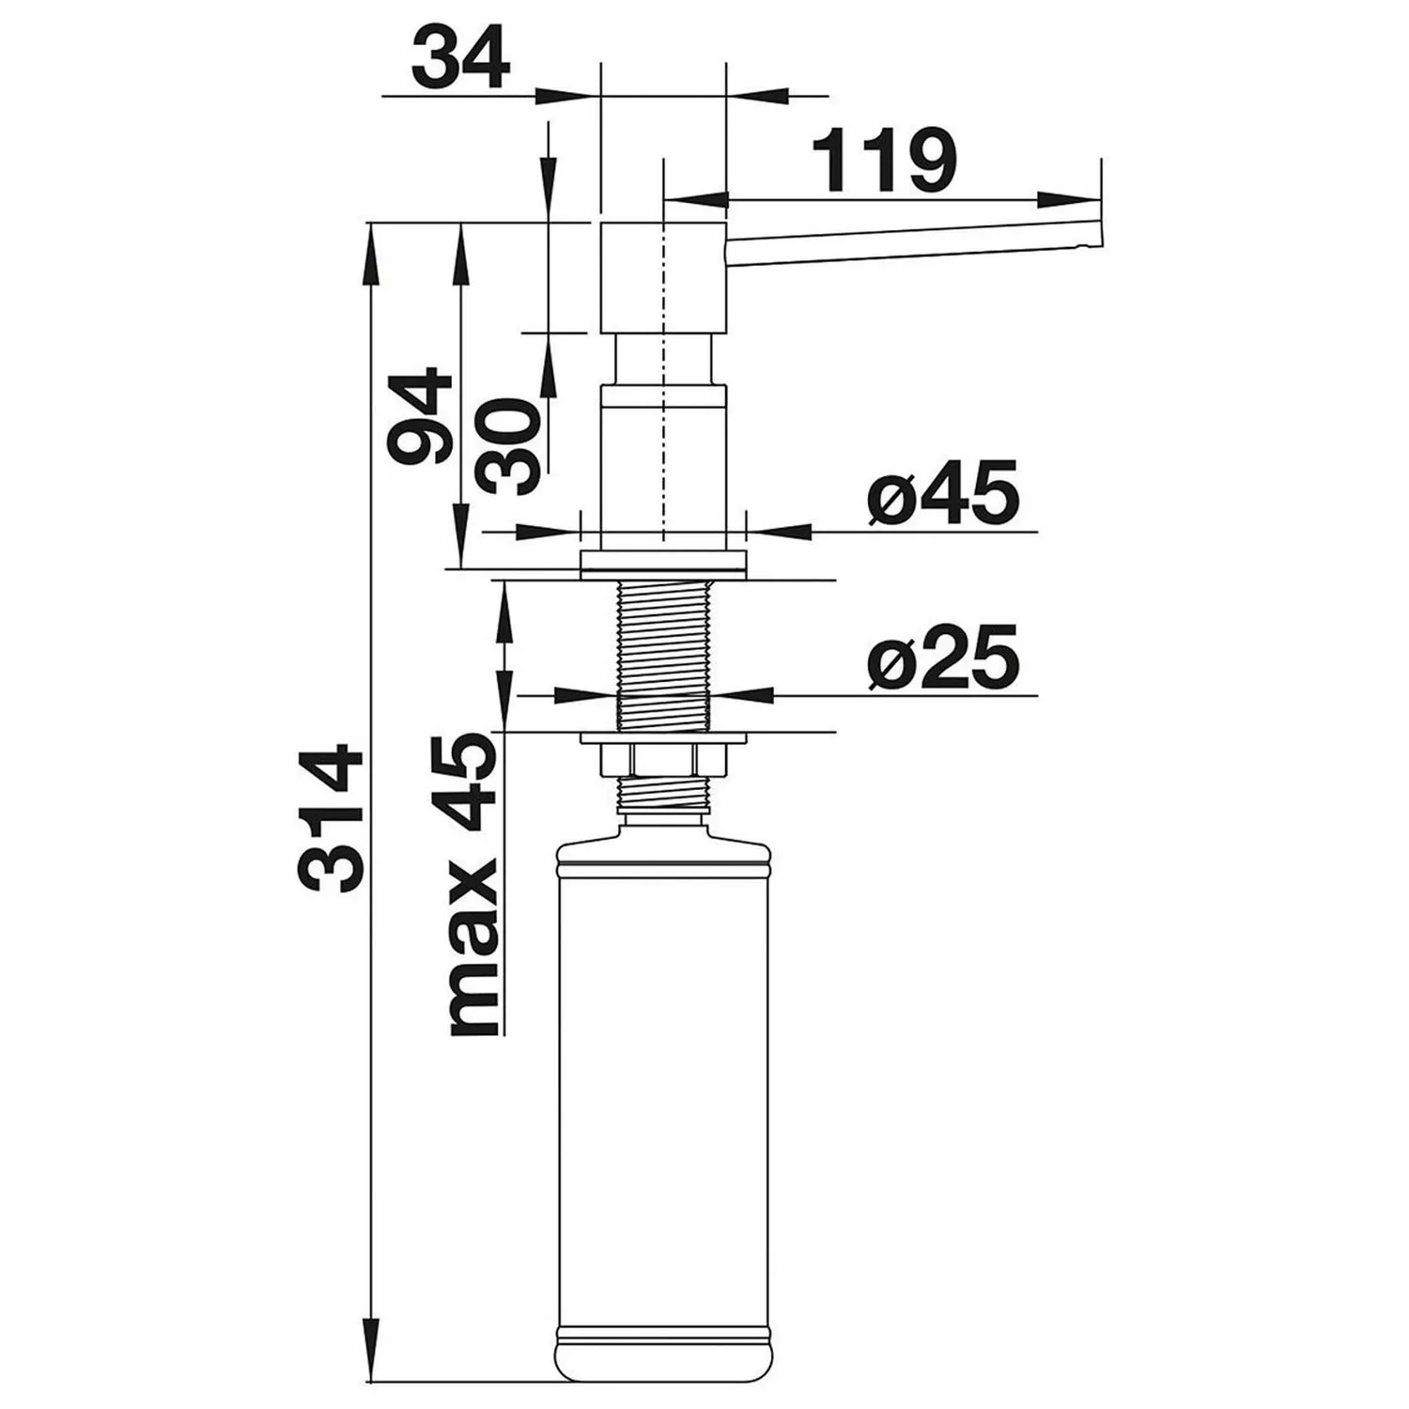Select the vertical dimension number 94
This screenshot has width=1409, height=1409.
tap(420, 417)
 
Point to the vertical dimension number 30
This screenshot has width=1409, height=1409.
tap(508, 446)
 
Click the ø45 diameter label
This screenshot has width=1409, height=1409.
tap(943, 492)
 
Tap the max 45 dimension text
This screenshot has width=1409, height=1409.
tap(472, 884)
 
